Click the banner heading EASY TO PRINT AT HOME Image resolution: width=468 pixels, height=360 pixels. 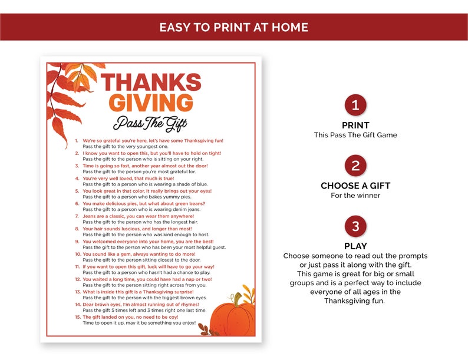[234, 28]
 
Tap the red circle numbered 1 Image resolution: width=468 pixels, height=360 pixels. [355, 105]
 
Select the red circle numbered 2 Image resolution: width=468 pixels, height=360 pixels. [355, 166]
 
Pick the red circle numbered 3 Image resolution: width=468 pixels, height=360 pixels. [355, 226]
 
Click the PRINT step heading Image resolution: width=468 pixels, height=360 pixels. [355, 125]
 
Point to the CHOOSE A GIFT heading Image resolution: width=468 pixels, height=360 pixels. [355, 186]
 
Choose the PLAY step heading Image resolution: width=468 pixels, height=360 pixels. [355, 246]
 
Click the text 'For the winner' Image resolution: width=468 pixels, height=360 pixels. [355, 196]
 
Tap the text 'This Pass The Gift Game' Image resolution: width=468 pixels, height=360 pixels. [355, 135]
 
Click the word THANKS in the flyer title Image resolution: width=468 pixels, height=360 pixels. [151, 82]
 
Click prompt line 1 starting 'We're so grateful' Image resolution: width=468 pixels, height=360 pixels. [153, 141]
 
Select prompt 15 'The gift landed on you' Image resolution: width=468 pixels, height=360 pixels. [136, 317]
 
